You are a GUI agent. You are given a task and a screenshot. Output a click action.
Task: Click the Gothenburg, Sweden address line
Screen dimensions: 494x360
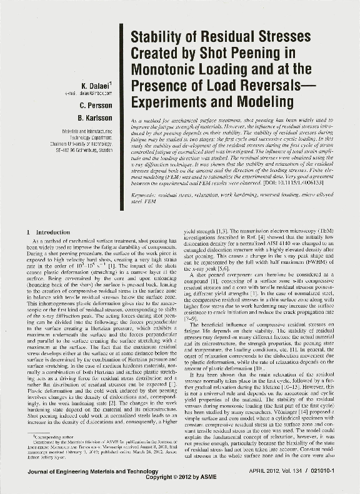[86, 151]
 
